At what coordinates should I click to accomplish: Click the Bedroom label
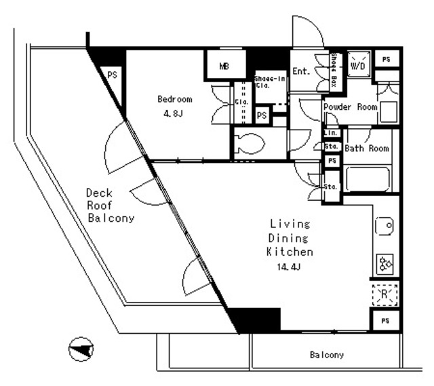click(174, 99)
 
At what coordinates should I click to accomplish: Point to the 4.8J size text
click(174, 113)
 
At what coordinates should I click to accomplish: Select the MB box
click(224, 66)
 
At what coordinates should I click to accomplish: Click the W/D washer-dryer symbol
click(358, 66)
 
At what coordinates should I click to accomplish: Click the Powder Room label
click(350, 107)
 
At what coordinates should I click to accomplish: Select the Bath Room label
click(366, 149)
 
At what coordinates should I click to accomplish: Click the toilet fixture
click(250, 142)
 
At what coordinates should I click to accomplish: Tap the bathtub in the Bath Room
click(367, 179)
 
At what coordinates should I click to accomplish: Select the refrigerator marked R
click(384, 294)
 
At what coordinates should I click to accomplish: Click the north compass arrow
click(81, 349)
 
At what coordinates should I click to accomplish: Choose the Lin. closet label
click(331, 134)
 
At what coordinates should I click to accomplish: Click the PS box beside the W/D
click(386, 60)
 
